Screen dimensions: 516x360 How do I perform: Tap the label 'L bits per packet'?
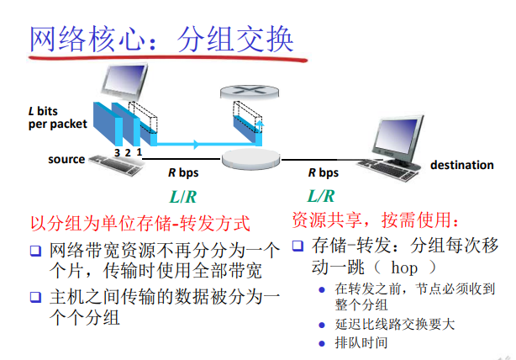tap(56, 117)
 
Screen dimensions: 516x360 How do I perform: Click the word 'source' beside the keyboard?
tap(66, 159)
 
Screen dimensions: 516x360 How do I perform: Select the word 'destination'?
tap(462, 165)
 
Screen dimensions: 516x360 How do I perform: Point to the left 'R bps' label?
tap(184, 172)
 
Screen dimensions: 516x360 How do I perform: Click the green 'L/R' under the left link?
tap(183, 198)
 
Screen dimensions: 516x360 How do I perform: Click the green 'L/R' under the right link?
tap(321, 197)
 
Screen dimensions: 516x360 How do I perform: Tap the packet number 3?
tap(117, 152)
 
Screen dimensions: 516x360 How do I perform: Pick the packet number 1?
tap(139, 152)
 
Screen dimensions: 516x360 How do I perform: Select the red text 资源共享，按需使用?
tap(376, 220)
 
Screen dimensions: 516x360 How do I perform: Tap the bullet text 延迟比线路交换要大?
tap(395, 324)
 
